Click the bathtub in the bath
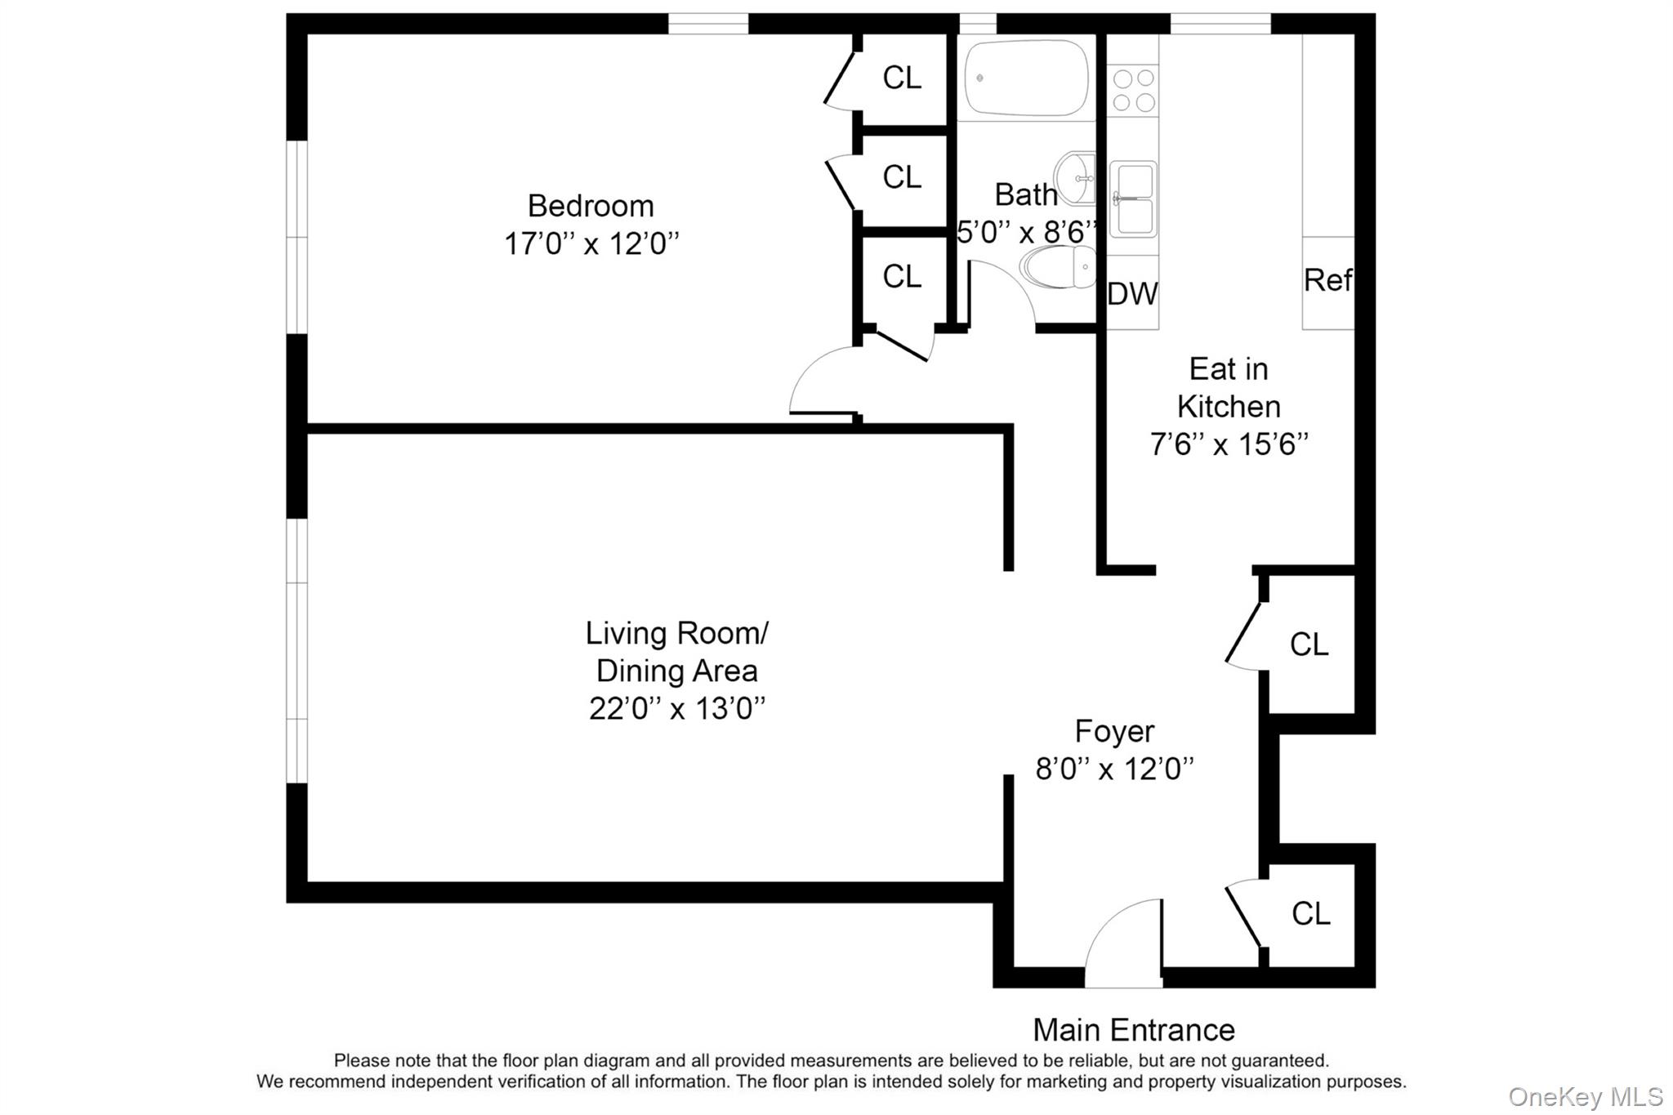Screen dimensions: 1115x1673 pyautogui.click(x=1026, y=78)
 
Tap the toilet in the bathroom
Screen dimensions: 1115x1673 pyautogui.click(x=1059, y=268)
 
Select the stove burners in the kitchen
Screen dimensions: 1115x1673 pyautogui.click(x=1134, y=90)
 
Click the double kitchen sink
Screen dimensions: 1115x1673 pyautogui.click(x=1133, y=199)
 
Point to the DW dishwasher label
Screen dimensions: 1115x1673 pyautogui.click(x=1132, y=294)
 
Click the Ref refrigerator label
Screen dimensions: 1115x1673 pyautogui.click(x=1327, y=280)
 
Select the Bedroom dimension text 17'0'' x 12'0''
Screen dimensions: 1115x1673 pyautogui.click(x=591, y=243)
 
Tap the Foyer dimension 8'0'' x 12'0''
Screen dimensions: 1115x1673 pyautogui.click(x=1114, y=769)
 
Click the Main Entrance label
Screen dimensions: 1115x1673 pyautogui.click(x=1133, y=1030)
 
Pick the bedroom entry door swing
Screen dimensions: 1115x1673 pyautogui.click(x=821, y=382)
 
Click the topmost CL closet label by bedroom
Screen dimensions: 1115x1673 pyautogui.click(x=902, y=78)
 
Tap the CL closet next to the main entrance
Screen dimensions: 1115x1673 pyautogui.click(x=1310, y=913)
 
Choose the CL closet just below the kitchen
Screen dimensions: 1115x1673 pyautogui.click(x=1309, y=644)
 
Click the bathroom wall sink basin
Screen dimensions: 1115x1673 pyautogui.click(x=1077, y=178)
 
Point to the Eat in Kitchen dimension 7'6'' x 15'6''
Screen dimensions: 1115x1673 pyautogui.click(x=1229, y=444)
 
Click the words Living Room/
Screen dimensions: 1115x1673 pyautogui.click(x=676, y=633)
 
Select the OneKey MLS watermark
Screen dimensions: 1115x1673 pyautogui.click(x=1585, y=1096)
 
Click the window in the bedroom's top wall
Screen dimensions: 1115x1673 pyautogui.click(x=708, y=24)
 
